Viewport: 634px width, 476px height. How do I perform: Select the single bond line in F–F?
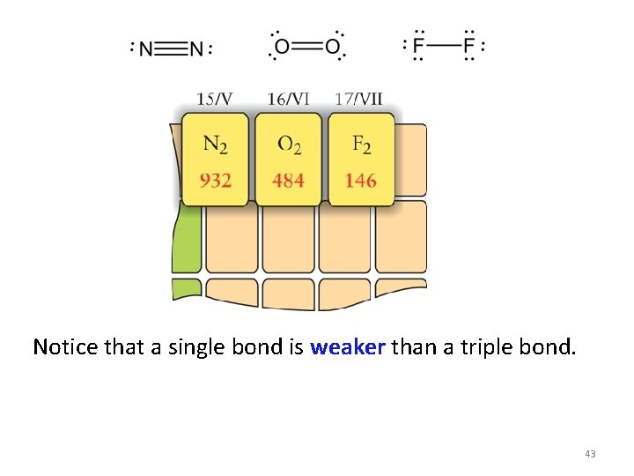click(x=446, y=45)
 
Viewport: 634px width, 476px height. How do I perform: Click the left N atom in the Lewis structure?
click(x=147, y=48)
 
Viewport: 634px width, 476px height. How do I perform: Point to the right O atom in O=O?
click(x=332, y=46)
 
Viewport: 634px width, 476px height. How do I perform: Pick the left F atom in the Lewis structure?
click(x=419, y=45)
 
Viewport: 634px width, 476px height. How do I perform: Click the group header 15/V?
click(x=216, y=99)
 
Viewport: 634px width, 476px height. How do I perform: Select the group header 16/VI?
click(x=288, y=99)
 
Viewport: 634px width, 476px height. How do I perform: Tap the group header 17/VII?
click(x=361, y=99)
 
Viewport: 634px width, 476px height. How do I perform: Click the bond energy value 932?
click(x=216, y=181)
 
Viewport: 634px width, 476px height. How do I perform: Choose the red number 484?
click(x=288, y=181)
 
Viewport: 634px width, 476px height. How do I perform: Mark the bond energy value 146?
click(x=361, y=181)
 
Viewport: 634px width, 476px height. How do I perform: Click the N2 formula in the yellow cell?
click(x=216, y=145)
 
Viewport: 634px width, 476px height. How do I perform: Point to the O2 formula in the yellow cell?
click(x=289, y=145)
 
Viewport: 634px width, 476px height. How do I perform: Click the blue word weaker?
click(x=347, y=346)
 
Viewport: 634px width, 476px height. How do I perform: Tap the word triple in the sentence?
click(x=485, y=347)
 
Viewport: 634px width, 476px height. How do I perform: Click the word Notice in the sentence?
click(x=65, y=346)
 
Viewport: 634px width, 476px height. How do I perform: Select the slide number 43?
click(x=590, y=454)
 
